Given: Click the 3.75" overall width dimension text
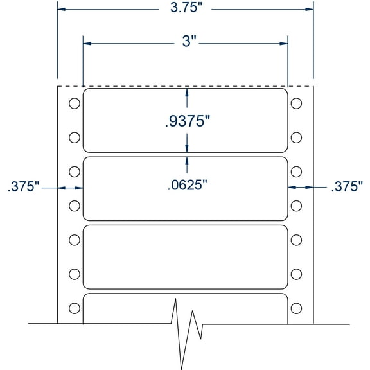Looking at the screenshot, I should pos(186,9).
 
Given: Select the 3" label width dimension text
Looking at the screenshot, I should pos(186,44).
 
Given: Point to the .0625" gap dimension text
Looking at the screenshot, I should pos(187,186).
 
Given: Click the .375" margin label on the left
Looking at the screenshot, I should pos(24,187).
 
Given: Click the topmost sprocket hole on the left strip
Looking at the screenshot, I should pos(74,103).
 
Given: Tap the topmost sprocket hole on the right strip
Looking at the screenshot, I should pos(297,103).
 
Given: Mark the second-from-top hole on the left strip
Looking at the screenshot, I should pos(74,137).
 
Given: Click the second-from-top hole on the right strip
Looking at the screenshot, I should pos(297,137).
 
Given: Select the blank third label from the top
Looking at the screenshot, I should pos(186,257).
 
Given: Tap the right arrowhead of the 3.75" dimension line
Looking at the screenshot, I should pos(309,9).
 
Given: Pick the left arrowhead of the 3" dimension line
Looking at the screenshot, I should pos(87,44).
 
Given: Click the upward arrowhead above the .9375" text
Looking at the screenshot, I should pos(187,92).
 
